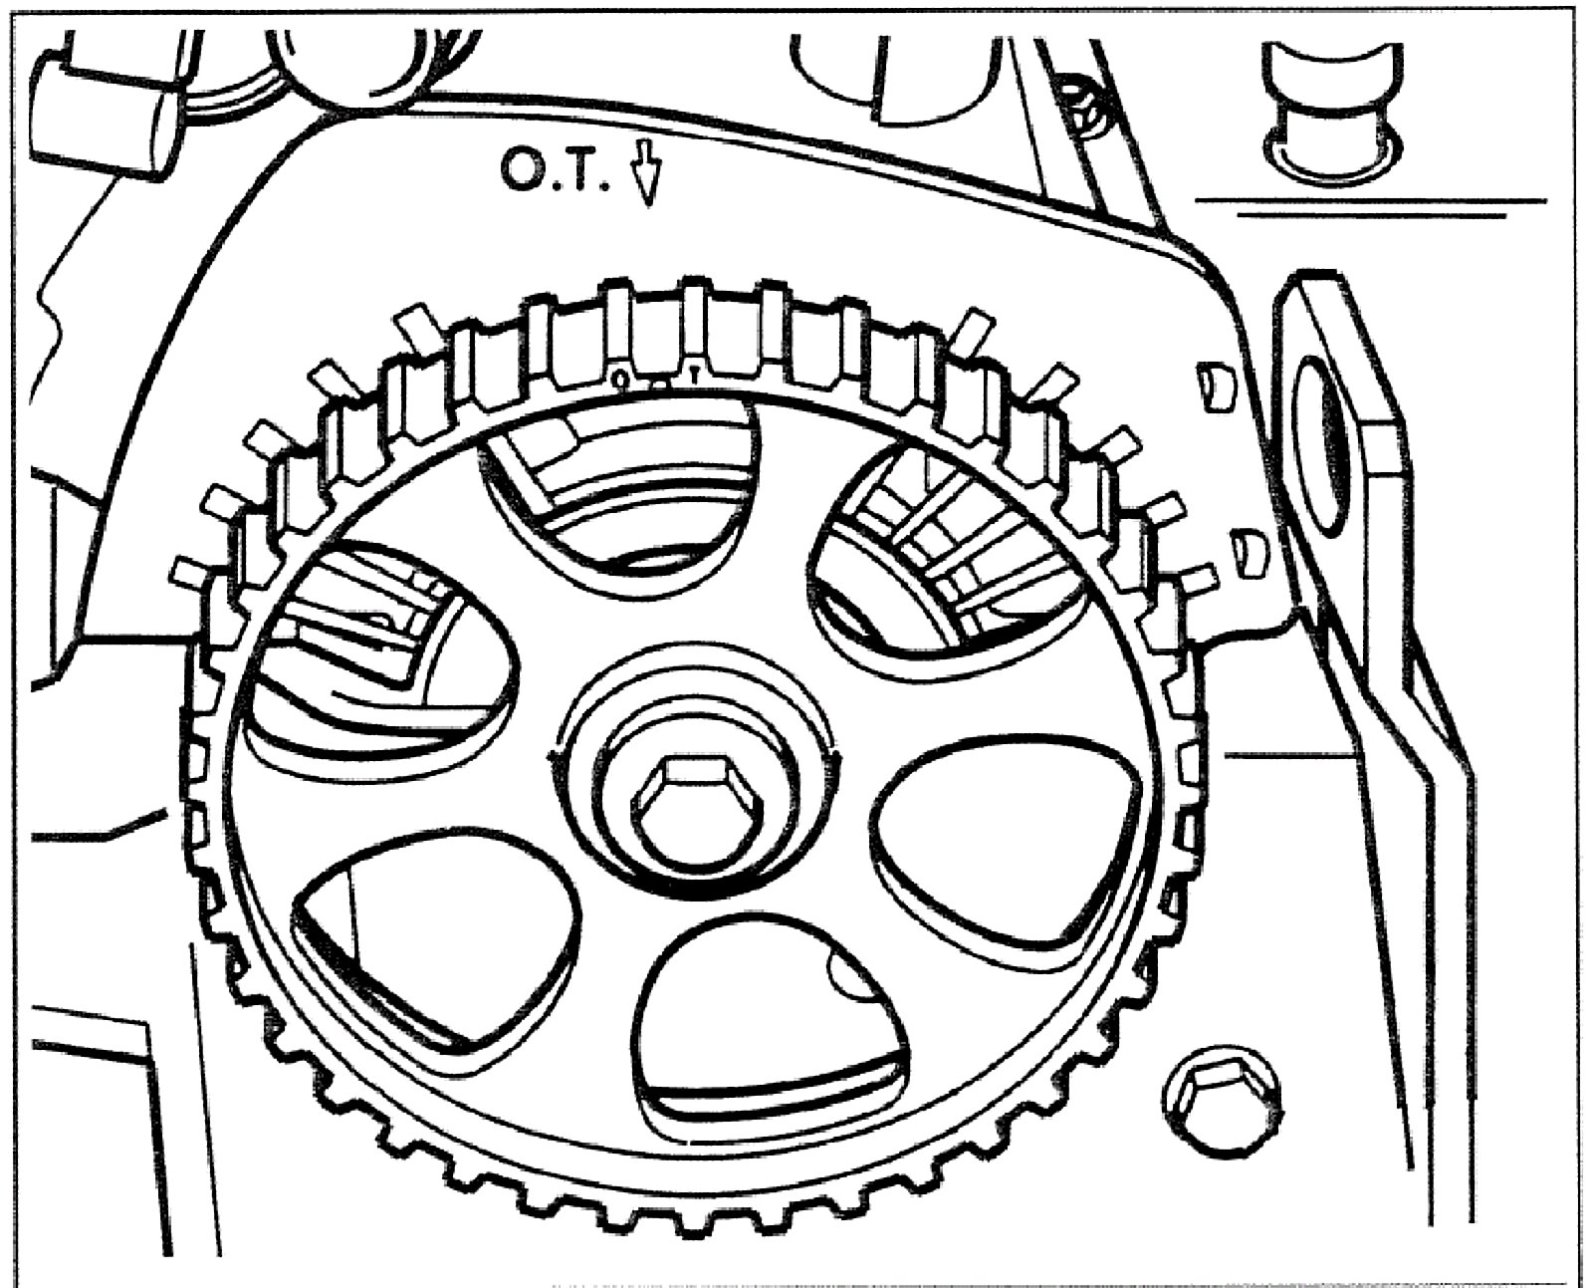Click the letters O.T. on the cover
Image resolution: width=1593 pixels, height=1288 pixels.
point(555,176)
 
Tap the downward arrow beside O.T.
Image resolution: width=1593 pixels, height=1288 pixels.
point(646,176)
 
